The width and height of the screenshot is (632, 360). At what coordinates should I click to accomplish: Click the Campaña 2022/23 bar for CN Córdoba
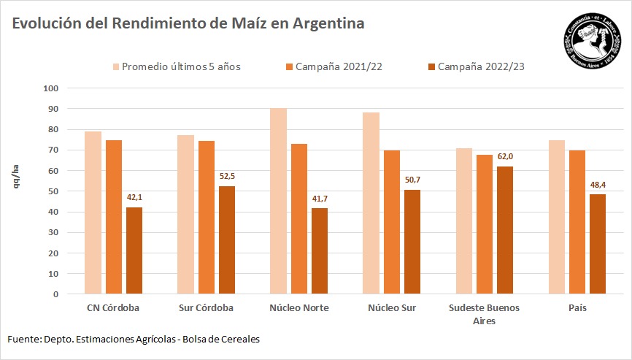134,250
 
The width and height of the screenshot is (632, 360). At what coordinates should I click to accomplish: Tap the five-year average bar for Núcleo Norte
278,202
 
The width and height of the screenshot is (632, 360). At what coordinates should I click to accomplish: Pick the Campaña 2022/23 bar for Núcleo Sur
412,242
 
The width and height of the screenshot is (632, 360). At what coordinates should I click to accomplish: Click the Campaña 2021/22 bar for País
578,222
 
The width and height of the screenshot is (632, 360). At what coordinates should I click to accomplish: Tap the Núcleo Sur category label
391,308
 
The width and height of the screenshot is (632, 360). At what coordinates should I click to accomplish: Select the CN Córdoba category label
113,308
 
